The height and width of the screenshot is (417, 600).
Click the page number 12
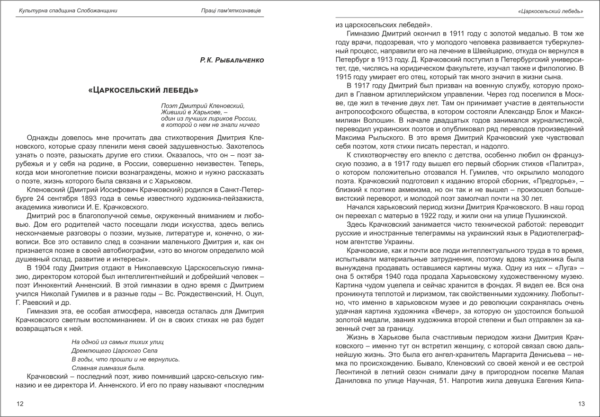(x=19, y=404)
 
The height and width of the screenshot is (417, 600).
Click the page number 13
(x=582, y=404)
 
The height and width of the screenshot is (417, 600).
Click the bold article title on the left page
(x=143, y=90)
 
